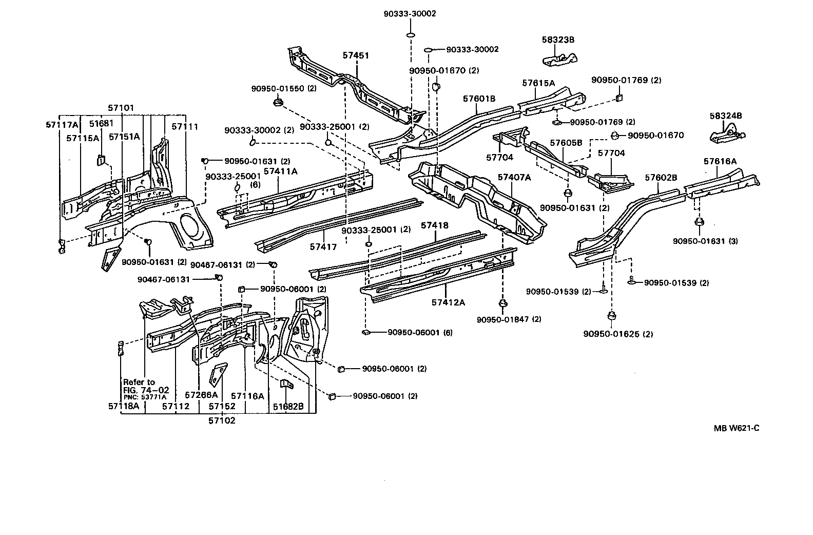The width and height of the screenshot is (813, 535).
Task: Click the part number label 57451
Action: (x=356, y=55)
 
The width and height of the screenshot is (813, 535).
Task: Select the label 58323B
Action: (x=558, y=39)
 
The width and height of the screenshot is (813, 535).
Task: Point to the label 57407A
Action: (x=514, y=177)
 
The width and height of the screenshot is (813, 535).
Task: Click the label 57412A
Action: (x=448, y=302)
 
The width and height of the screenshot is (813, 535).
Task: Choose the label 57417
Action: (x=323, y=247)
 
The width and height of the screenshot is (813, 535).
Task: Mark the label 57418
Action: (x=435, y=225)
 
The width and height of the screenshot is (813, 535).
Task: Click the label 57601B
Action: (x=479, y=99)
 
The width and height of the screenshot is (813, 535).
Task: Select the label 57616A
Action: (x=720, y=161)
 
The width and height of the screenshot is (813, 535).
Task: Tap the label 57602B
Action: (x=661, y=178)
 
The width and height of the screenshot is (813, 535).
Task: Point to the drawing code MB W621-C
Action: (x=735, y=428)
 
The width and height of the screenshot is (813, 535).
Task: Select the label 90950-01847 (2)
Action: (x=509, y=319)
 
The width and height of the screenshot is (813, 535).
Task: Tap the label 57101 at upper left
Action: (x=121, y=108)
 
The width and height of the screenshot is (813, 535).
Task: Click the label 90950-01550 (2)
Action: (x=284, y=88)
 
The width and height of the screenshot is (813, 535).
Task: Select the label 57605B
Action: (x=566, y=142)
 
